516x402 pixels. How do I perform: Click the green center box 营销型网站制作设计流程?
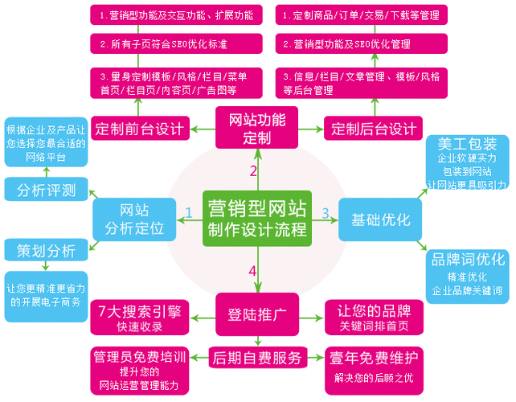click(256, 219)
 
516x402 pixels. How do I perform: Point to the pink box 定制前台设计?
click(140, 128)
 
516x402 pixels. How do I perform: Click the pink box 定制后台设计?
click(374, 128)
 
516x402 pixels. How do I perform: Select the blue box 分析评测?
click(46, 191)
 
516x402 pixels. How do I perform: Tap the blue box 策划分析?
click(46, 251)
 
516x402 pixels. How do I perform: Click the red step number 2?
click(253, 170)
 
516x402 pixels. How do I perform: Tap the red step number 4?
click(252, 271)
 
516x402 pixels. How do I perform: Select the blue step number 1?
click(188, 213)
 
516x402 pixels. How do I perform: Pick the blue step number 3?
click(326, 213)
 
